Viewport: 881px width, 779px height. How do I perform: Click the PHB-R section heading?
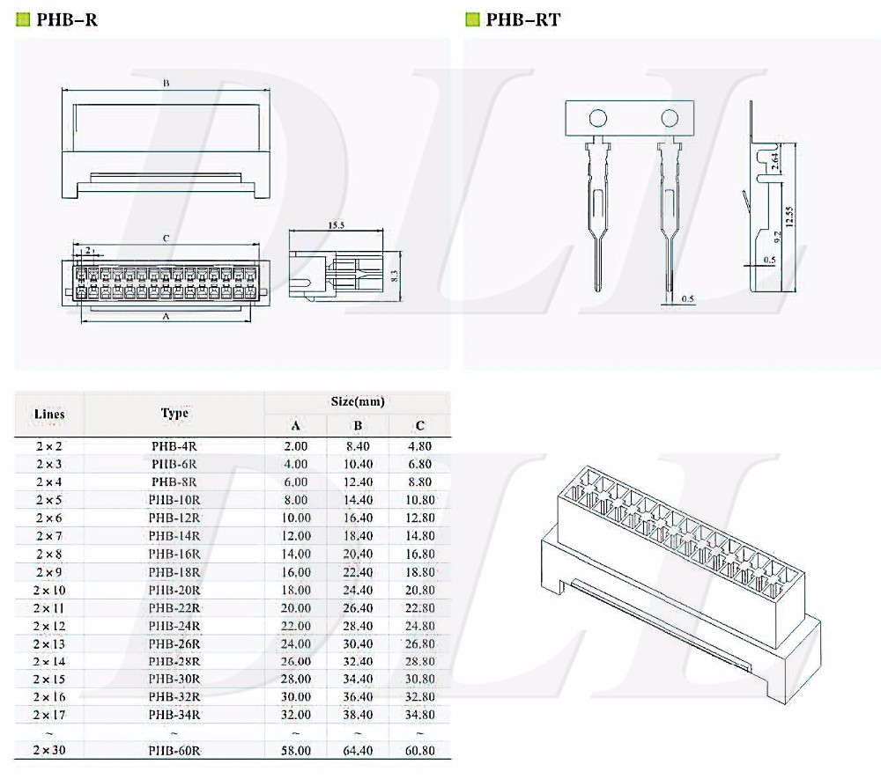point(67,19)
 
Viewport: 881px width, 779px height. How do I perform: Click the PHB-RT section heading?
point(522,19)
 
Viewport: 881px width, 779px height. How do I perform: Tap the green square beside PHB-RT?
point(472,19)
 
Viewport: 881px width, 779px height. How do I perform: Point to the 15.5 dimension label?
point(336,225)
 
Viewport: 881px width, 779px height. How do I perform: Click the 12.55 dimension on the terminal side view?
point(790,217)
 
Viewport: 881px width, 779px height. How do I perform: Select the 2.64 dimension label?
point(774,161)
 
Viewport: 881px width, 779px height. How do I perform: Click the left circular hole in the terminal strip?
point(598,118)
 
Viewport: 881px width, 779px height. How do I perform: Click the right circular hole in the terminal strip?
point(670,118)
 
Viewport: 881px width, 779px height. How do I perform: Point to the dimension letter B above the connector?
point(166,83)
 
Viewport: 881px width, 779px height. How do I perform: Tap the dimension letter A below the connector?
point(166,317)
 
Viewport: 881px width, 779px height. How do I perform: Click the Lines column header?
point(49,414)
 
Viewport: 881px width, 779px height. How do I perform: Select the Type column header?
point(174,413)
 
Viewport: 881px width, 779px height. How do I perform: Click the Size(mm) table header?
point(357,401)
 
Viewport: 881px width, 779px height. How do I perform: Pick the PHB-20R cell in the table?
point(174,590)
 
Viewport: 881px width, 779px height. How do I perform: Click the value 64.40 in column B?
point(358,751)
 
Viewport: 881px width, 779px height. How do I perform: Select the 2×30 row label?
point(49,751)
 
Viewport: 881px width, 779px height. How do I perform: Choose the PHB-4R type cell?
point(174,446)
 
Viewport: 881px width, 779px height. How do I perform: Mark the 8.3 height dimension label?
point(395,276)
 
